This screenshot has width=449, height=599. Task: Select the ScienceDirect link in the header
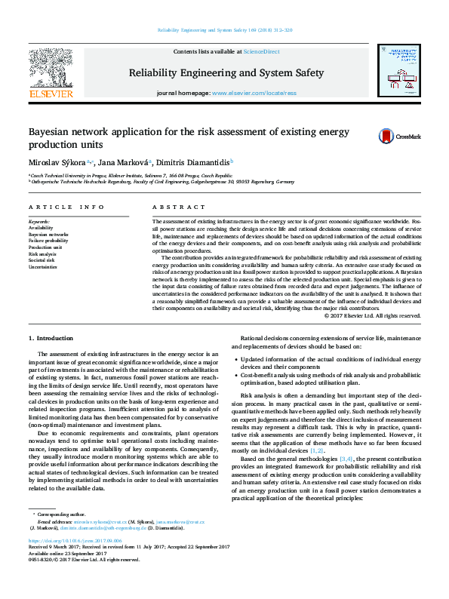pyautogui.click(x=260, y=52)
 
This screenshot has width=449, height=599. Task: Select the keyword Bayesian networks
pyautogui.click(x=48, y=234)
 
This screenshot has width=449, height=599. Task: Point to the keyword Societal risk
pyautogui.click(x=42, y=261)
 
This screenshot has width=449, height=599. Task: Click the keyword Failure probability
pyautogui.click(x=48, y=241)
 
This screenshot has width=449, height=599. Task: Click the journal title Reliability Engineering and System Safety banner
pyautogui.click(x=226, y=73)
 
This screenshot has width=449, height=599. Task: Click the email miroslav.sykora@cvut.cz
pyautogui.click(x=105, y=521)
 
